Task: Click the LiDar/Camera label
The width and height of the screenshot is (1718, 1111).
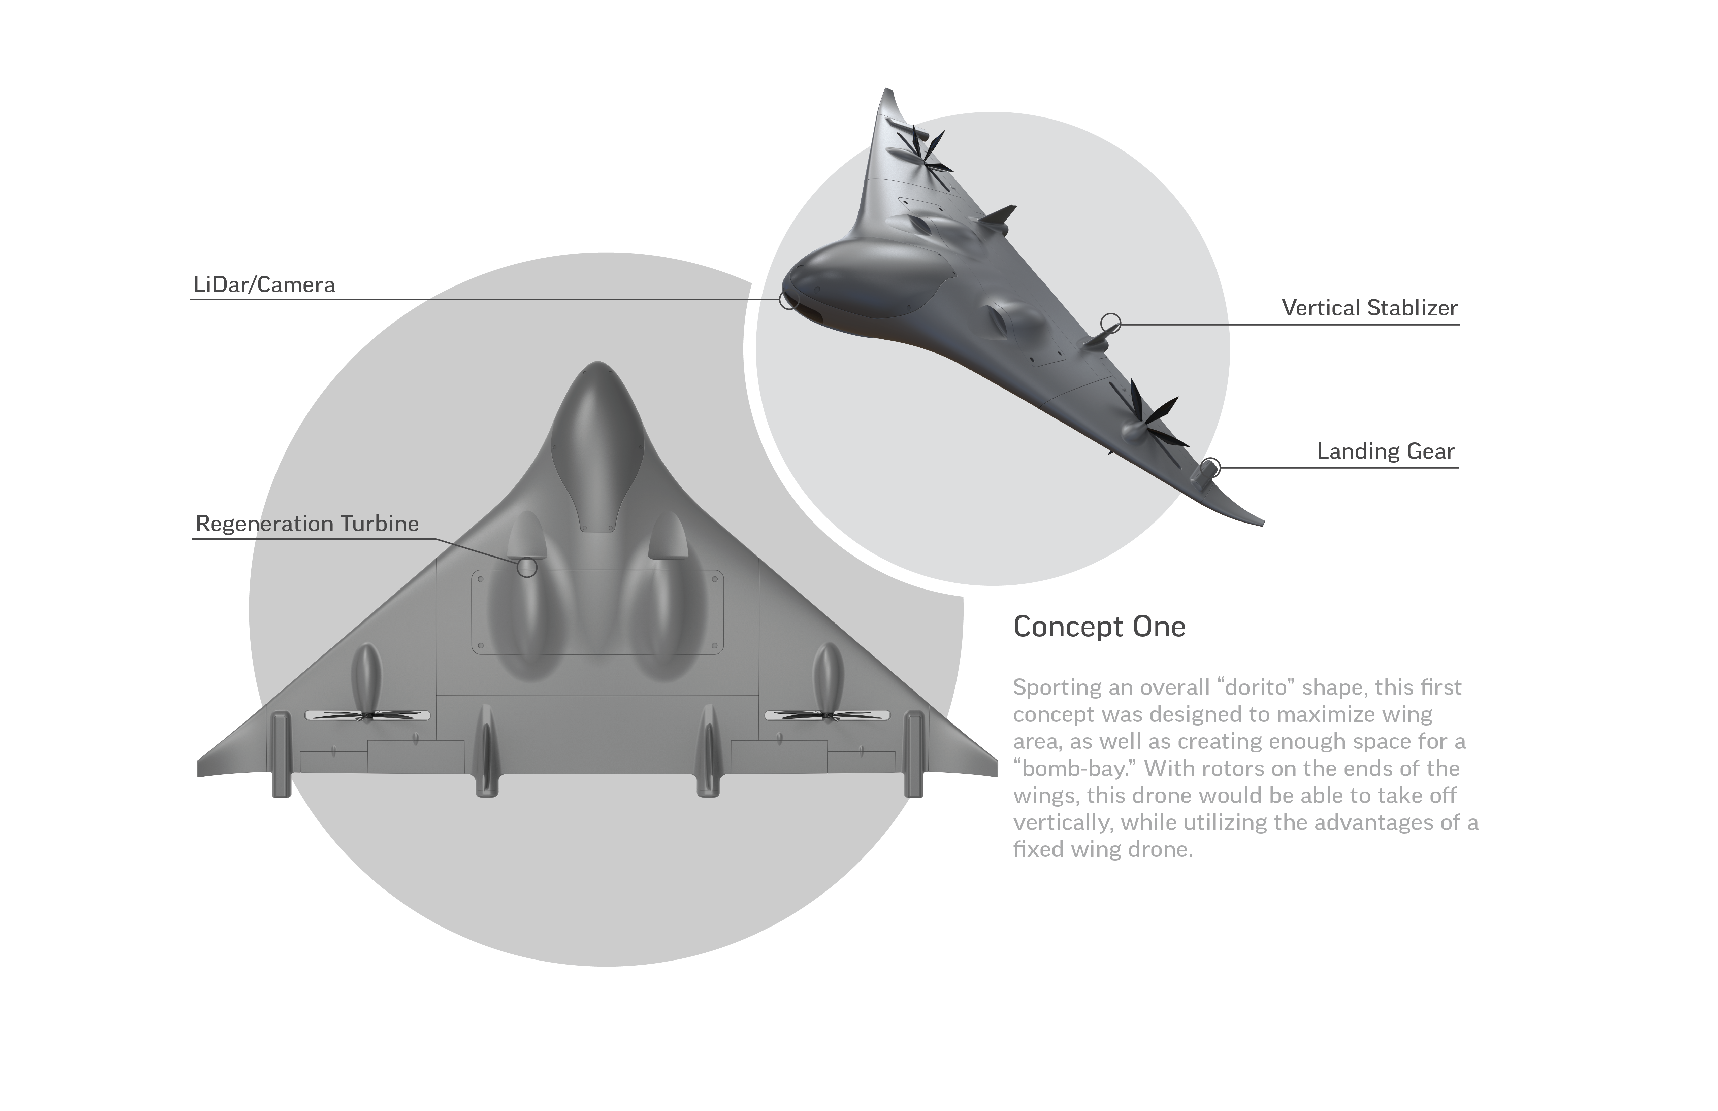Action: coord(264,285)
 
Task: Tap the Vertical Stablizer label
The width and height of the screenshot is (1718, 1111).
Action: coord(1369,308)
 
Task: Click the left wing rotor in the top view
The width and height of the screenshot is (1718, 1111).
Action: coord(367,716)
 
